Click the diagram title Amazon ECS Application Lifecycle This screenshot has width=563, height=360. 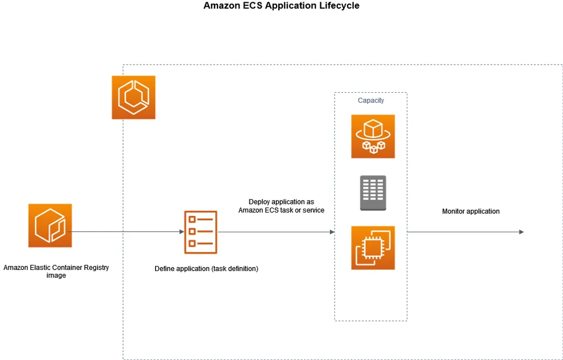(x=281, y=6)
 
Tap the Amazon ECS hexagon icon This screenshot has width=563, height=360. (x=134, y=98)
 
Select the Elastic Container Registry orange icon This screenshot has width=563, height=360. (x=50, y=225)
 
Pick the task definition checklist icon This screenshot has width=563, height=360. (x=200, y=232)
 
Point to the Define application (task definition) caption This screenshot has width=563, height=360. (x=206, y=269)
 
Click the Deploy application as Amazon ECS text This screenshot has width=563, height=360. (x=281, y=206)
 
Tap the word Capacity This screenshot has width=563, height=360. (x=371, y=100)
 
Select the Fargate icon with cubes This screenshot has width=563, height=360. (x=373, y=136)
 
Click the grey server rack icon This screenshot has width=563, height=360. (x=373, y=193)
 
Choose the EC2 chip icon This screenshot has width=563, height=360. (x=373, y=247)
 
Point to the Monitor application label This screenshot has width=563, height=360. (x=471, y=211)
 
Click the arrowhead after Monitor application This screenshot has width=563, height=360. (x=521, y=232)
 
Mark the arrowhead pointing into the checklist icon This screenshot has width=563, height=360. (x=181, y=232)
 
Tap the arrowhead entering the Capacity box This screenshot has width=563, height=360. (x=332, y=232)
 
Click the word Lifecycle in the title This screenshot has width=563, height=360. (x=341, y=6)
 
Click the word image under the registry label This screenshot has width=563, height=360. (x=56, y=276)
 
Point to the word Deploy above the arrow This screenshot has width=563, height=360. (x=259, y=202)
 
